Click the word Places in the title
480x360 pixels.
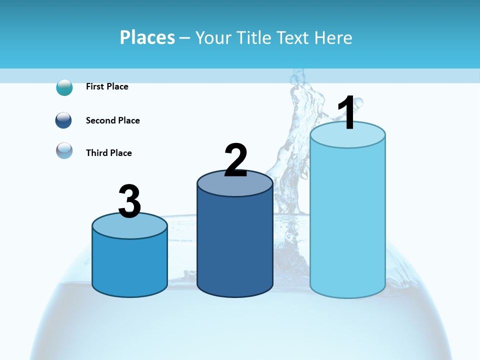coord(147,37)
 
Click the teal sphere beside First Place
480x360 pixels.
coord(64,87)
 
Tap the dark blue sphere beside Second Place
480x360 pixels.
coord(64,120)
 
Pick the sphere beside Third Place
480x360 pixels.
coord(64,150)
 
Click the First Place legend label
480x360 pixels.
coord(107,86)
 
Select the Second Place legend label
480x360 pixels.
coord(112,120)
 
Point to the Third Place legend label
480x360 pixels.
coord(108,153)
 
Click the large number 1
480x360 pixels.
coord(346,113)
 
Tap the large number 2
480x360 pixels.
coord(235,160)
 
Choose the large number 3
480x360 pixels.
coord(129,201)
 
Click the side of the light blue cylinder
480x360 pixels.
coord(347,225)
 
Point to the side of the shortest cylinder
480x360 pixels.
coord(129,265)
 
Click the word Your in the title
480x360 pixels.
coord(214,37)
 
